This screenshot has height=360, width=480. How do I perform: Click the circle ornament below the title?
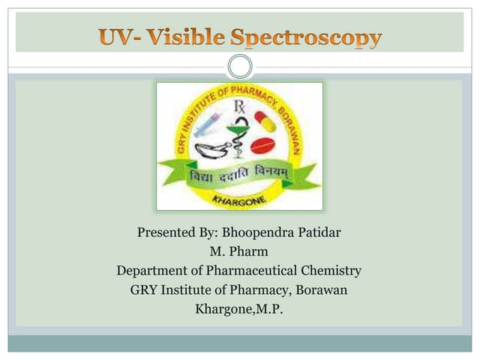[240, 67]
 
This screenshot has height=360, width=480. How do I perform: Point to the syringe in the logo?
[206, 124]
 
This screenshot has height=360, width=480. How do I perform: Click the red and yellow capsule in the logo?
[265, 120]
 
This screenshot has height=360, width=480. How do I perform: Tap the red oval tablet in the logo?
[262, 145]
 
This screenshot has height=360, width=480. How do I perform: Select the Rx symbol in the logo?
[239, 107]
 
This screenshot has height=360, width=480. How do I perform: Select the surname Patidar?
[316, 232]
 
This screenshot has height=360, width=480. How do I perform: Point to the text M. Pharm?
[240, 251]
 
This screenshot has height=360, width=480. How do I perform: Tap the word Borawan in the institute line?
[322, 289]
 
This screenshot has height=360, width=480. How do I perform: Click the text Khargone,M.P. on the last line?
[239, 309]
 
